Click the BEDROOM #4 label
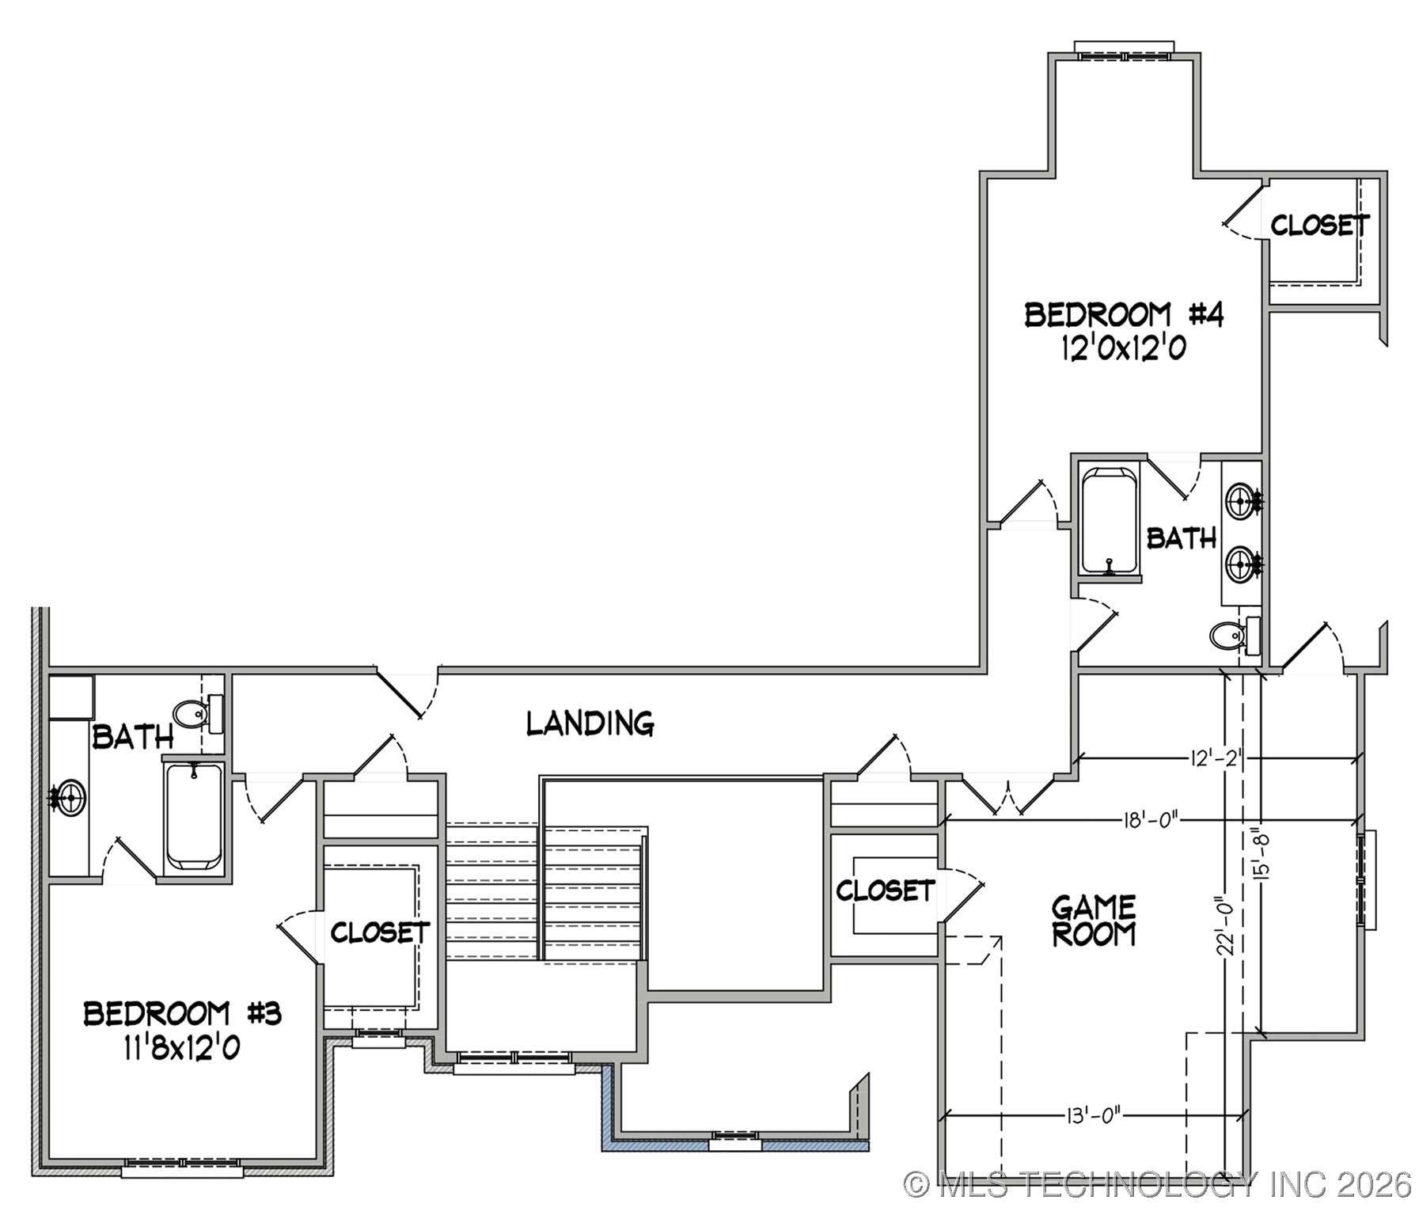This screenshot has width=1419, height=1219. pyautogui.click(x=1123, y=315)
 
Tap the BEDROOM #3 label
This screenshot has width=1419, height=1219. pyautogui.click(x=182, y=1014)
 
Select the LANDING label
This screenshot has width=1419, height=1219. pyautogui.click(x=590, y=723)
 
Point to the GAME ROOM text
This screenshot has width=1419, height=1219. pyautogui.click(x=1093, y=920)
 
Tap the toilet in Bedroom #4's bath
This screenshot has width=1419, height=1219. pyautogui.click(x=1228, y=634)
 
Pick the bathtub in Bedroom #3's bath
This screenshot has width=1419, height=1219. pyautogui.click(x=194, y=816)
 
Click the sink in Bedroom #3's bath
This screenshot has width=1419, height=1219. pyautogui.click(x=70, y=796)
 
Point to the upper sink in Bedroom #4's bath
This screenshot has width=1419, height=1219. pyautogui.click(x=1242, y=499)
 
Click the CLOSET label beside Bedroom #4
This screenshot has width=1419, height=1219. pyautogui.click(x=1319, y=226)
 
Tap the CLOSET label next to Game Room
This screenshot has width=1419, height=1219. pyautogui.click(x=885, y=891)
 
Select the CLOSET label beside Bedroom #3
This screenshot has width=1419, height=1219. pyautogui.click(x=379, y=932)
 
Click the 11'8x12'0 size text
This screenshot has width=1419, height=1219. pyautogui.click(x=181, y=1048)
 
